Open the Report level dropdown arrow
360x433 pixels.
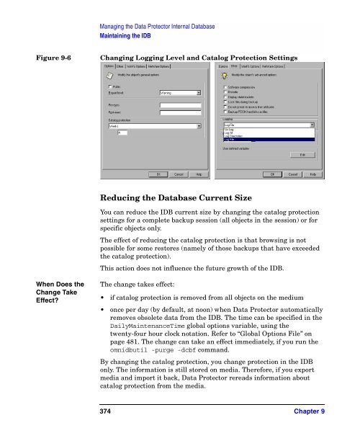coord(198,92)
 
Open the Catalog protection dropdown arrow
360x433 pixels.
coord(198,125)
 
